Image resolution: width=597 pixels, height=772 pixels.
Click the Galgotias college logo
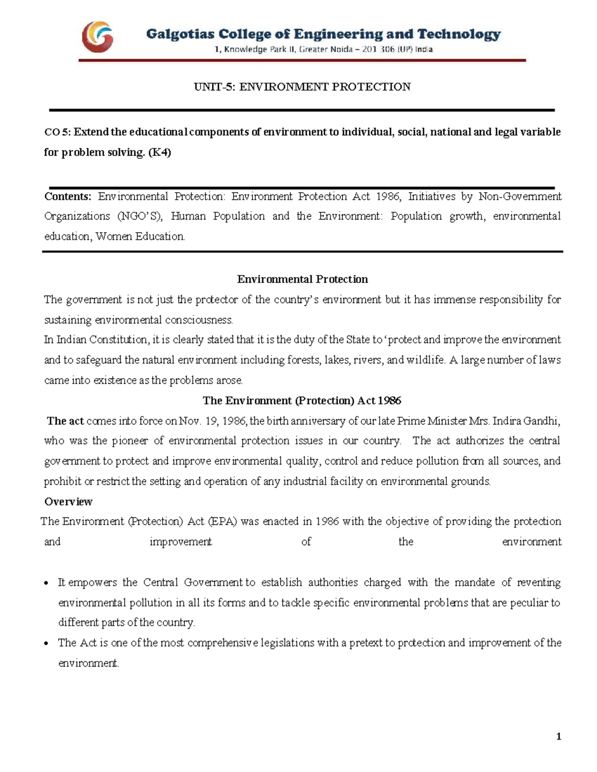pos(98,37)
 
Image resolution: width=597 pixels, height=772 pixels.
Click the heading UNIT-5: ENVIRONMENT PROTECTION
pos(302,87)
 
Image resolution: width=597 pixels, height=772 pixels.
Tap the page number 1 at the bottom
pos(559,736)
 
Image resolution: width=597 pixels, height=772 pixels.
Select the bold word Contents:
pos(68,196)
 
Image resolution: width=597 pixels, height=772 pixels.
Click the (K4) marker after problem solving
pos(159,153)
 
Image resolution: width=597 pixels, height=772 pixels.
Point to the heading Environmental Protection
pos(302,279)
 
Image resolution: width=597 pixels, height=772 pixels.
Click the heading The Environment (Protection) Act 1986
pos(302,401)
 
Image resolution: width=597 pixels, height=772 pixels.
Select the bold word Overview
pos(68,502)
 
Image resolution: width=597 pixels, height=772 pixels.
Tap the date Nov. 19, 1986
pos(213,421)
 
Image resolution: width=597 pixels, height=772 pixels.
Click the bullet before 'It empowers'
pos(46,583)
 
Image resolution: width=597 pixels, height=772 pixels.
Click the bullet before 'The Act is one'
pos(46,644)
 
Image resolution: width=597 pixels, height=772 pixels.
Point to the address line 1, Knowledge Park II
pos(323,49)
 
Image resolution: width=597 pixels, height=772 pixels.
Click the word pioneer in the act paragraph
pos(130,441)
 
